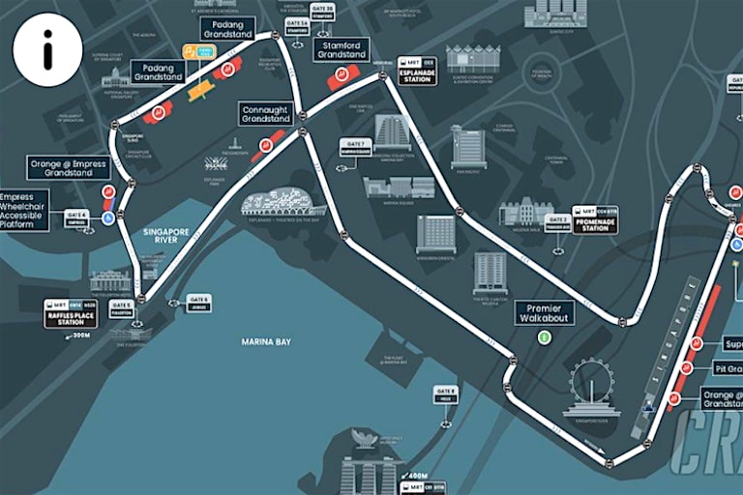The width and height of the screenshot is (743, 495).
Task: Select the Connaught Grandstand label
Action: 264,114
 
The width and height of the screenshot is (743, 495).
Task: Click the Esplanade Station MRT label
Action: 417,72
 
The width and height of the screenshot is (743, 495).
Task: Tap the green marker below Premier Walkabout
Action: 545,337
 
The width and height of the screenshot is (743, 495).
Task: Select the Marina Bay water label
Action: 267,341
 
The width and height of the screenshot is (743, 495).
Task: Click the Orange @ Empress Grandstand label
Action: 67,168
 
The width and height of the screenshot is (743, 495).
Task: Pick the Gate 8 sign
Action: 446,394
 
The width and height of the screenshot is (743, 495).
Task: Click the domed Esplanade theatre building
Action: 282,203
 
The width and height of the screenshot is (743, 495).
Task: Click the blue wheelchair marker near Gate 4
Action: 108,218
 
